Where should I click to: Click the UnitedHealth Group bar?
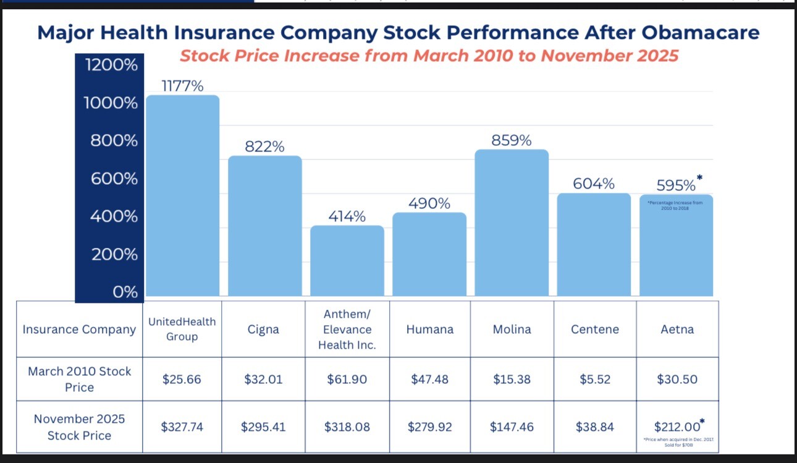[182, 195]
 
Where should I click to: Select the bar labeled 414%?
[347, 260]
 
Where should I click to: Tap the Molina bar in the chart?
[512, 223]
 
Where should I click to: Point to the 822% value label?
[264, 147]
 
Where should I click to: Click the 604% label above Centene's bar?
[594, 184]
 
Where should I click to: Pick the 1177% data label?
[182, 86]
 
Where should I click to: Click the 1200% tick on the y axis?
[111, 64]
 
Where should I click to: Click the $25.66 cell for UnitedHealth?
[182, 379]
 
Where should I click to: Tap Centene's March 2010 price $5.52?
[594, 379]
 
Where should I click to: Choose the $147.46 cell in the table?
[512, 427]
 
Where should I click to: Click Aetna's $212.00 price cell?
[677, 426]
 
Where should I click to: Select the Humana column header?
[429, 329]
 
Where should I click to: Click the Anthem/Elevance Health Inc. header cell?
[347, 329]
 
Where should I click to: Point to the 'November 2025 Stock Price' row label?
[79, 427]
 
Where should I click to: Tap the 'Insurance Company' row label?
[79, 329]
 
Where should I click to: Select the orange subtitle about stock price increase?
[429, 56]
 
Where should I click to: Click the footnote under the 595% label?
[675, 205]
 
